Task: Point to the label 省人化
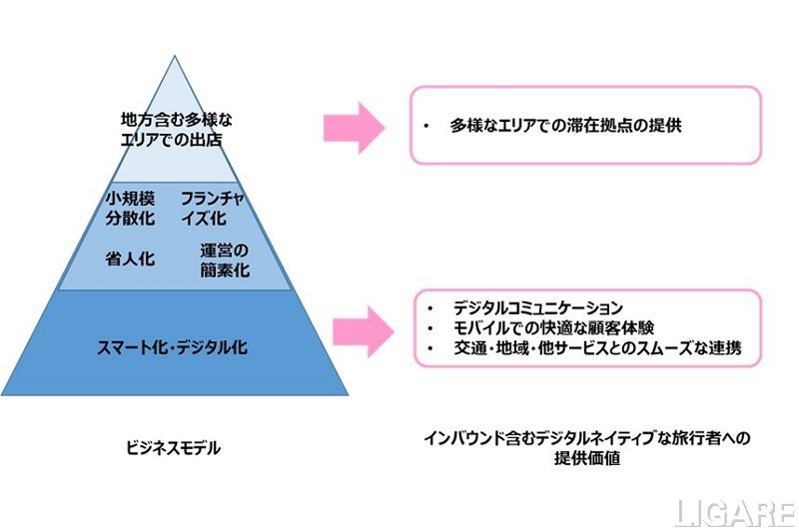coord(130,259)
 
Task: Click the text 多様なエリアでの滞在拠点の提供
coord(565,128)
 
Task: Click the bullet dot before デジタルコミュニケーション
coord(428,306)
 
